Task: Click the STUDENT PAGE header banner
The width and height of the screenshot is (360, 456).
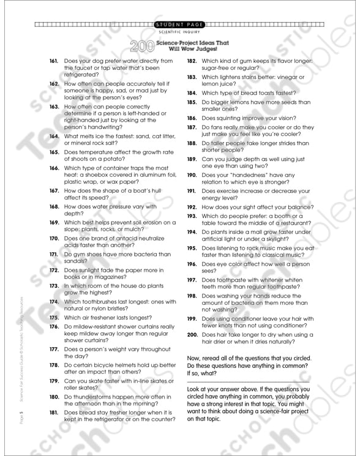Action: tap(179, 24)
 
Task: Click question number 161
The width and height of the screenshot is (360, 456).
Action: tap(54, 61)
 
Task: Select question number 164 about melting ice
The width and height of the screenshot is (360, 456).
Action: tap(54, 136)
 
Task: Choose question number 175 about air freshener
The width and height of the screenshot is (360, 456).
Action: tap(54, 318)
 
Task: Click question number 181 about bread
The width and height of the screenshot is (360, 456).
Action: tap(54, 413)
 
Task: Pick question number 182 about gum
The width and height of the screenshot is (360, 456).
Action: tap(192, 61)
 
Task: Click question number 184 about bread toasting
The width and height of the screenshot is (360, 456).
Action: tap(192, 93)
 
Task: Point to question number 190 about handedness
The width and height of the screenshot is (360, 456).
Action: tap(192, 174)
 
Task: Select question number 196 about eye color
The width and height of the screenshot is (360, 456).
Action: tap(192, 264)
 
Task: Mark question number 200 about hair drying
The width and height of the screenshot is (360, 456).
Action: tap(192, 335)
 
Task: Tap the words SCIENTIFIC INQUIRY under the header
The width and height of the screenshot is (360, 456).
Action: tap(179, 32)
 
